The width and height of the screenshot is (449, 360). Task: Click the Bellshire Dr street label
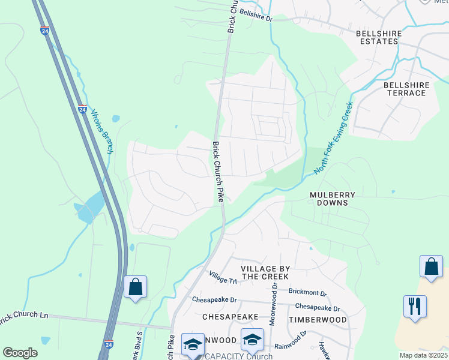pyautogui.click(x=256, y=16)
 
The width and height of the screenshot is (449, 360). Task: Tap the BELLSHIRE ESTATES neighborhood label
pyautogui.click(x=377, y=37)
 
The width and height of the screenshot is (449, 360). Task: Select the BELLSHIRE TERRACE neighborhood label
pyautogui.click(x=406, y=89)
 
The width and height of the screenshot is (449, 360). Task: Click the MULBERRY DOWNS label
pyautogui.click(x=333, y=199)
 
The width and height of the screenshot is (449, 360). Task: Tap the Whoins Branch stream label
pyautogui.click(x=101, y=131)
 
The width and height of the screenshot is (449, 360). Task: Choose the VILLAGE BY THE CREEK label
pyautogui.click(x=264, y=272)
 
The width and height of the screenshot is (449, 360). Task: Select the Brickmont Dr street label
pyautogui.click(x=307, y=293)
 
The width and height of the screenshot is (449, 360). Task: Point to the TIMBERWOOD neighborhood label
pyautogui.click(x=318, y=320)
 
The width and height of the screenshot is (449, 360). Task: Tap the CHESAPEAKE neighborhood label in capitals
pyautogui.click(x=230, y=316)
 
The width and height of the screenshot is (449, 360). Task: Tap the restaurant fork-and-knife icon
pyautogui.click(x=415, y=306)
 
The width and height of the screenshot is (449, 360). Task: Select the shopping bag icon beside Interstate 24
pyautogui.click(x=135, y=287)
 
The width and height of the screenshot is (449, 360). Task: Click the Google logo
pyautogui.click(x=20, y=353)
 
